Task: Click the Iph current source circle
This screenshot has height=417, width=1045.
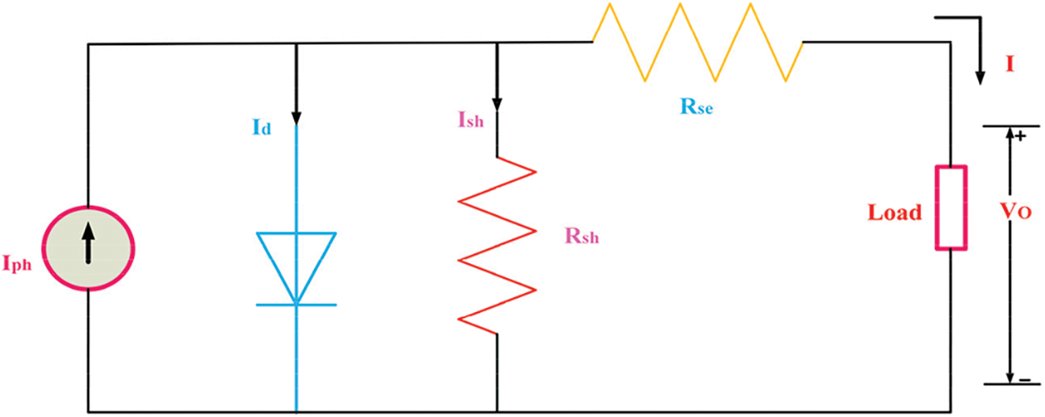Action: pyautogui.click(x=89, y=247)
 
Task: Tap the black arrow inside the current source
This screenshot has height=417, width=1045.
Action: pyautogui.click(x=89, y=247)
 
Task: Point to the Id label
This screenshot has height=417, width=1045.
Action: pyautogui.click(x=263, y=130)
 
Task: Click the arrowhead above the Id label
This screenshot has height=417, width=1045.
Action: pyautogui.click(x=296, y=115)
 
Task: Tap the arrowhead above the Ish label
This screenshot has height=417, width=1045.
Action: pyautogui.click(x=497, y=103)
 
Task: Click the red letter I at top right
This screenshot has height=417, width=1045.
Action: pyautogui.click(x=1009, y=64)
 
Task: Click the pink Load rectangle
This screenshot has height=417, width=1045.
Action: pyautogui.click(x=951, y=207)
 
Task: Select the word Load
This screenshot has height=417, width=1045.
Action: pyautogui.click(x=894, y=212)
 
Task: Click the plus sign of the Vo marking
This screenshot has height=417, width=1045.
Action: pyautogui.click(x=1020, y=135)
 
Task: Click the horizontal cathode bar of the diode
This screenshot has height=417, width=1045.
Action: pyautogui.click(x=296, y=305)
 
